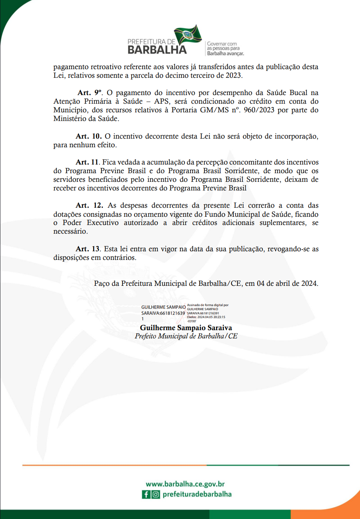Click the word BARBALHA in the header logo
click(157, 50)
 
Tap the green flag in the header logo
click(188, 35)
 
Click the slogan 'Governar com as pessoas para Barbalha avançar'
click(225, 49)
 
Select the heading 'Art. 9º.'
click(90, 93)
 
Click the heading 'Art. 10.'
click(89, 136)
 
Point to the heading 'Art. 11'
click(87, 162)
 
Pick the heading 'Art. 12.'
click(89, 205)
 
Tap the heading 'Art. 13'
click(88, 249)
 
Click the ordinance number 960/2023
click(259, 110)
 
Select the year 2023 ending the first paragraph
click(233, 75)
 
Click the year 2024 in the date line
click(309, 284)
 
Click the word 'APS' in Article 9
click(162, 101)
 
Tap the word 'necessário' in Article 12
click(70, 231)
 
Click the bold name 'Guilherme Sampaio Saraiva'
click(186, 328)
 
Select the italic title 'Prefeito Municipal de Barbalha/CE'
click(186, 336)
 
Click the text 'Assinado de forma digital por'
click(207, 305)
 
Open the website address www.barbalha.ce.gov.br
click(185, 484)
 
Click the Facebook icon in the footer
click(146, 495)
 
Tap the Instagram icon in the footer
click(156, 495)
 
